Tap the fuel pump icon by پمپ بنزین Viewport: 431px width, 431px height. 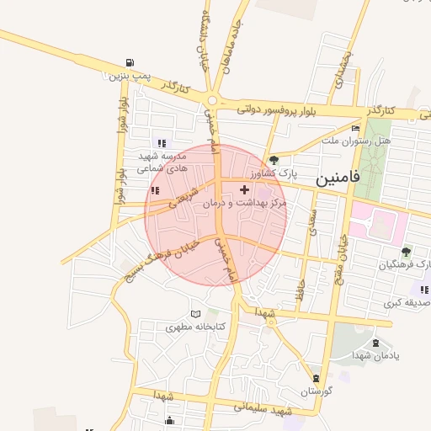[x=129, y=62]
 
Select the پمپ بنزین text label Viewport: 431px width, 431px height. [x=129, y=76]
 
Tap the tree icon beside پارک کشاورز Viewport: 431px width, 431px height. [x=274, y=160]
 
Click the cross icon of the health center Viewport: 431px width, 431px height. [x=245, y=190]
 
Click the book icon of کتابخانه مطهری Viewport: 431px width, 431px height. [x=197, y=313]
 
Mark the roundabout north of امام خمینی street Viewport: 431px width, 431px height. [x=212, y=102]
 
